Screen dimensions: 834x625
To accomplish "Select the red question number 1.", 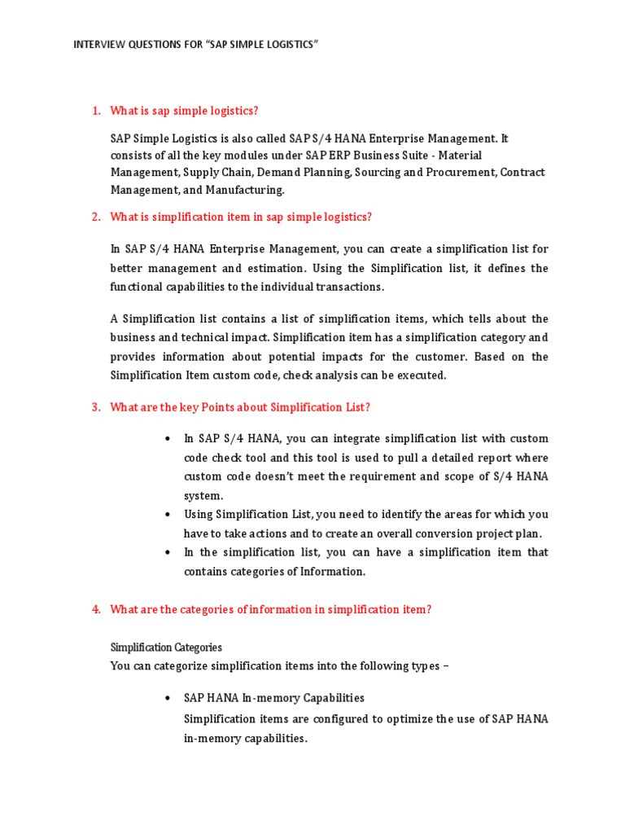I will pyautogui.click(x=95, y=111).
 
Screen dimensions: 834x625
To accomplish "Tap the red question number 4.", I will pyautogui.click(x=95, y=609).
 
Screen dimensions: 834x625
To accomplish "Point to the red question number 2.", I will pyautogui.click(x=95, y=216).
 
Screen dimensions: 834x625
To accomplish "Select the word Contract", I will pyautogui.click(x=523, y=172).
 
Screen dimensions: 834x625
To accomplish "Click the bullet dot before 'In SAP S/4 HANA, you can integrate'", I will pyautogui.click(x=167, y=438).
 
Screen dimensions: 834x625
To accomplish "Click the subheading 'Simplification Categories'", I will pyautogui.click(x=166, y=647).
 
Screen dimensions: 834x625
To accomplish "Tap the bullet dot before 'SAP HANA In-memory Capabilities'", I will pyautogui.click(x=167, y=698).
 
